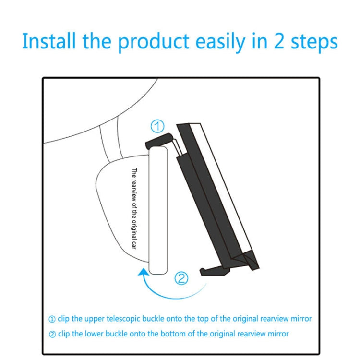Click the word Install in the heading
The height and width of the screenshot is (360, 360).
[x=48, y=42]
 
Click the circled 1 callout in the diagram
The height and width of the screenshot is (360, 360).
[x=158, y=127]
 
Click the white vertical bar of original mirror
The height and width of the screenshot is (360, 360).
[x=157, y=211]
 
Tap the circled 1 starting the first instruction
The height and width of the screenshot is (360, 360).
[x=52, y=319]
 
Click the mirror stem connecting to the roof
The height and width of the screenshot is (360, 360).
[x=109, y=144]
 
